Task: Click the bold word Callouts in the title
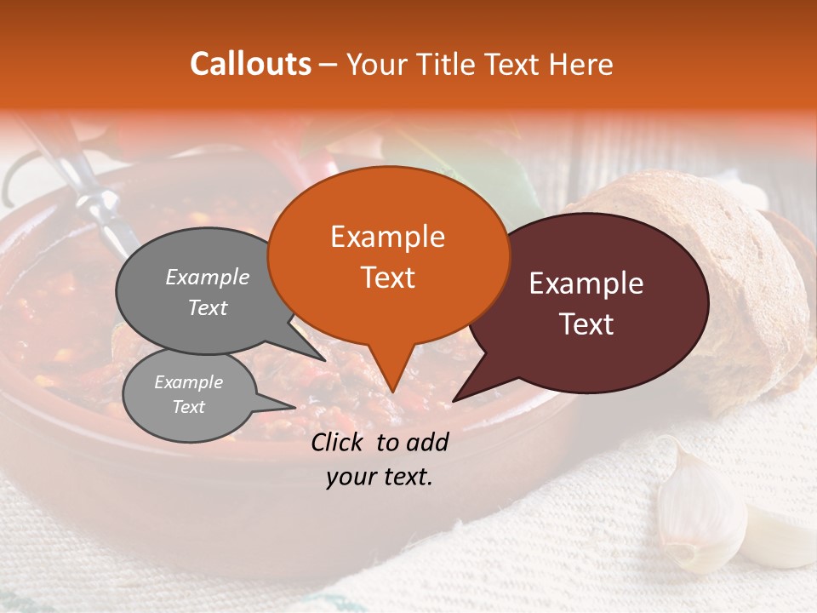(x=250, y=64)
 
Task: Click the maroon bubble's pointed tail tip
(x=454, y=399)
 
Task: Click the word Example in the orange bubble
(x=387, y=237)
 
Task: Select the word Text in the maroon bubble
(x=587, y=324)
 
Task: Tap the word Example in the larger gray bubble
(x=208, y=277)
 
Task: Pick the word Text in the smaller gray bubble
(x=189, y=407)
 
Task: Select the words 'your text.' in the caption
(x=380, y=477)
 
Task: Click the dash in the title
(x=329, y=64)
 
